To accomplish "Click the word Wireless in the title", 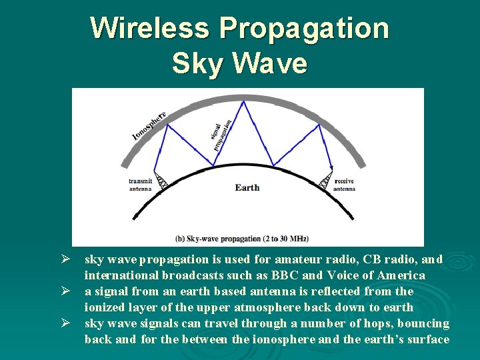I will click(x=151, y=28).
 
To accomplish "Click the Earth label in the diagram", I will click(x=247, y=187).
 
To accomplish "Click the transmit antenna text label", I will click(x=140, y=185).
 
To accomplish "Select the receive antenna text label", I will click(x=344, y=185).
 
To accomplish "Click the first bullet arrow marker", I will click(x=66, y=259).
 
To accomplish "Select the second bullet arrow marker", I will click(x=66, y=291).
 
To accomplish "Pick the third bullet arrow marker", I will click(x=66, y=323).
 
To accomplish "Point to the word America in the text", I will click(x=401, y=275).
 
